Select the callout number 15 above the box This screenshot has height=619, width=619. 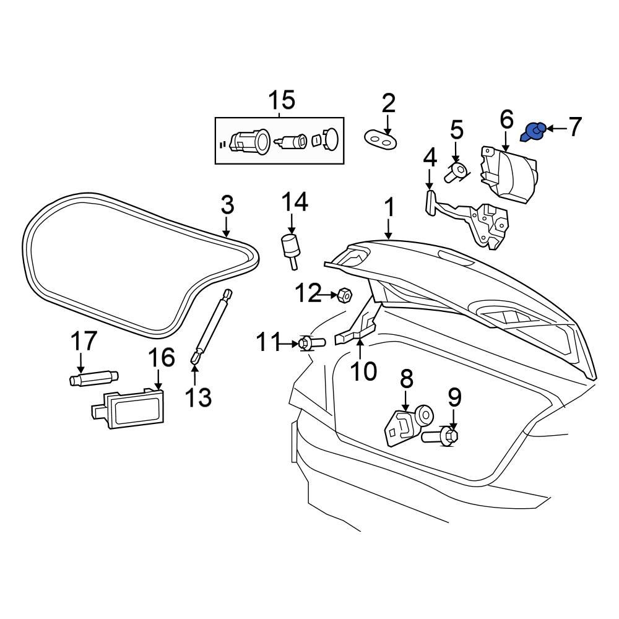click(x=280, y=100)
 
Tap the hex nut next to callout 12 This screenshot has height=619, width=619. click(x=345, y=295)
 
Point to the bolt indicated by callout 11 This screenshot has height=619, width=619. click(x=311, y=342)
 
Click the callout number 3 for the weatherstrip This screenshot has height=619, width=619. click(x=227, y=204)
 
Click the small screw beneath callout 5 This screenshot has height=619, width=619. click(x=456, y=170)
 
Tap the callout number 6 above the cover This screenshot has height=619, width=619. click(x=506, y=118)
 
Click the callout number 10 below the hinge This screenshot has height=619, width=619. click(x=363, y=371)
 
